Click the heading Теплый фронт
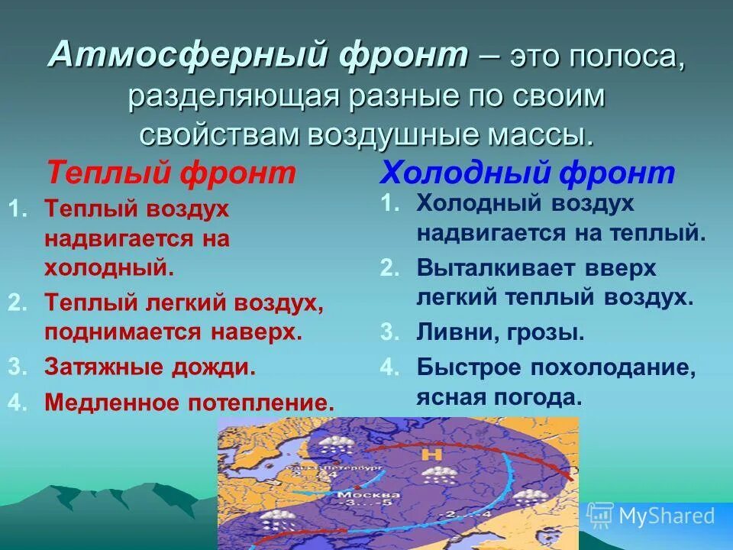coord(171,173)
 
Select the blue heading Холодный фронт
coord(527,173)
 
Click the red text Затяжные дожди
coord(150,367)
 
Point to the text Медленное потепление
coord(189,402)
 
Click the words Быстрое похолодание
coord(556,367)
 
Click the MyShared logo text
coord(667,516)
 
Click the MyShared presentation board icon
coord(600,516)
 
